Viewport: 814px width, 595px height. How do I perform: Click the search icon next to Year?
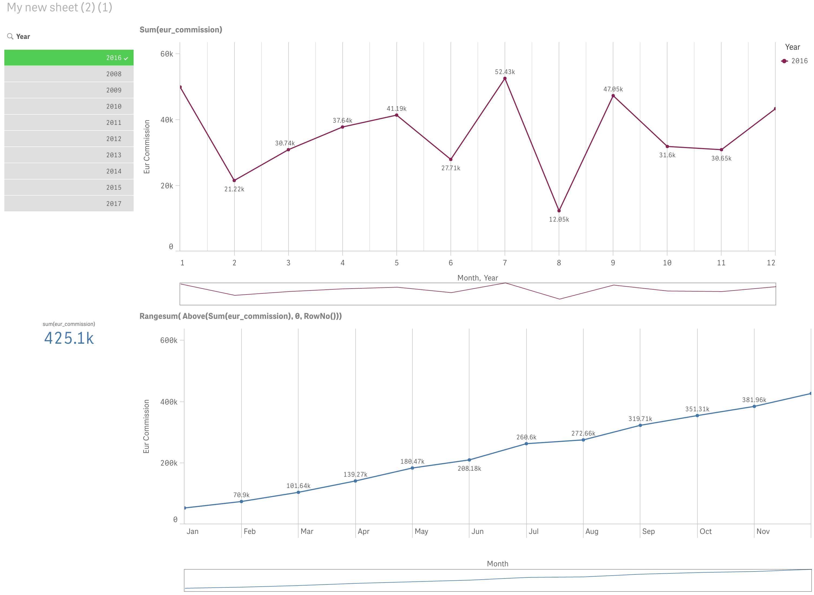pyautogui.click(x=10, y=36)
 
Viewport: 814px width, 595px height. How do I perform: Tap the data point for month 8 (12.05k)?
pyautogui.click(x=559, y=211)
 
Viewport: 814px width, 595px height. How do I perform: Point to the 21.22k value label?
pyautogui.click(x=234, y=189)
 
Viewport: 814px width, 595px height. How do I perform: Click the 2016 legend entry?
pyautogui.click(x=795, y=61)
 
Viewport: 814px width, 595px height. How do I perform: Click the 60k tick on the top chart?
pyautogui.click(x=167, y=54)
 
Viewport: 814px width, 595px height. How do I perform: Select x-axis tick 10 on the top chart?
pyautogui.click(x=667, y=263)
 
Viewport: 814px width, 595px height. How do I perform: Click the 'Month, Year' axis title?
pyautogui.click(x=477, y=278)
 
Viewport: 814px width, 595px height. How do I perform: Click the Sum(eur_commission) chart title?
pyautogui.click(x=181, y=29)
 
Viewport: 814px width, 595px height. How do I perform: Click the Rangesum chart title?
pyautogui.click(x=240, y=316)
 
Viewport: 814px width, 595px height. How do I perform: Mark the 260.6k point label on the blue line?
pyautogui.click(x=526, y=437)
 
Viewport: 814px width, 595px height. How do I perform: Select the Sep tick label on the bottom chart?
pyautogui.click(x=648, y=531)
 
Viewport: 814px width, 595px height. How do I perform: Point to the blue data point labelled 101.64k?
pyautogui.click(x=298, y=492)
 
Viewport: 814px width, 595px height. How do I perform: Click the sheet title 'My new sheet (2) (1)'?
pyautogui.click(x=59, y=7)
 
